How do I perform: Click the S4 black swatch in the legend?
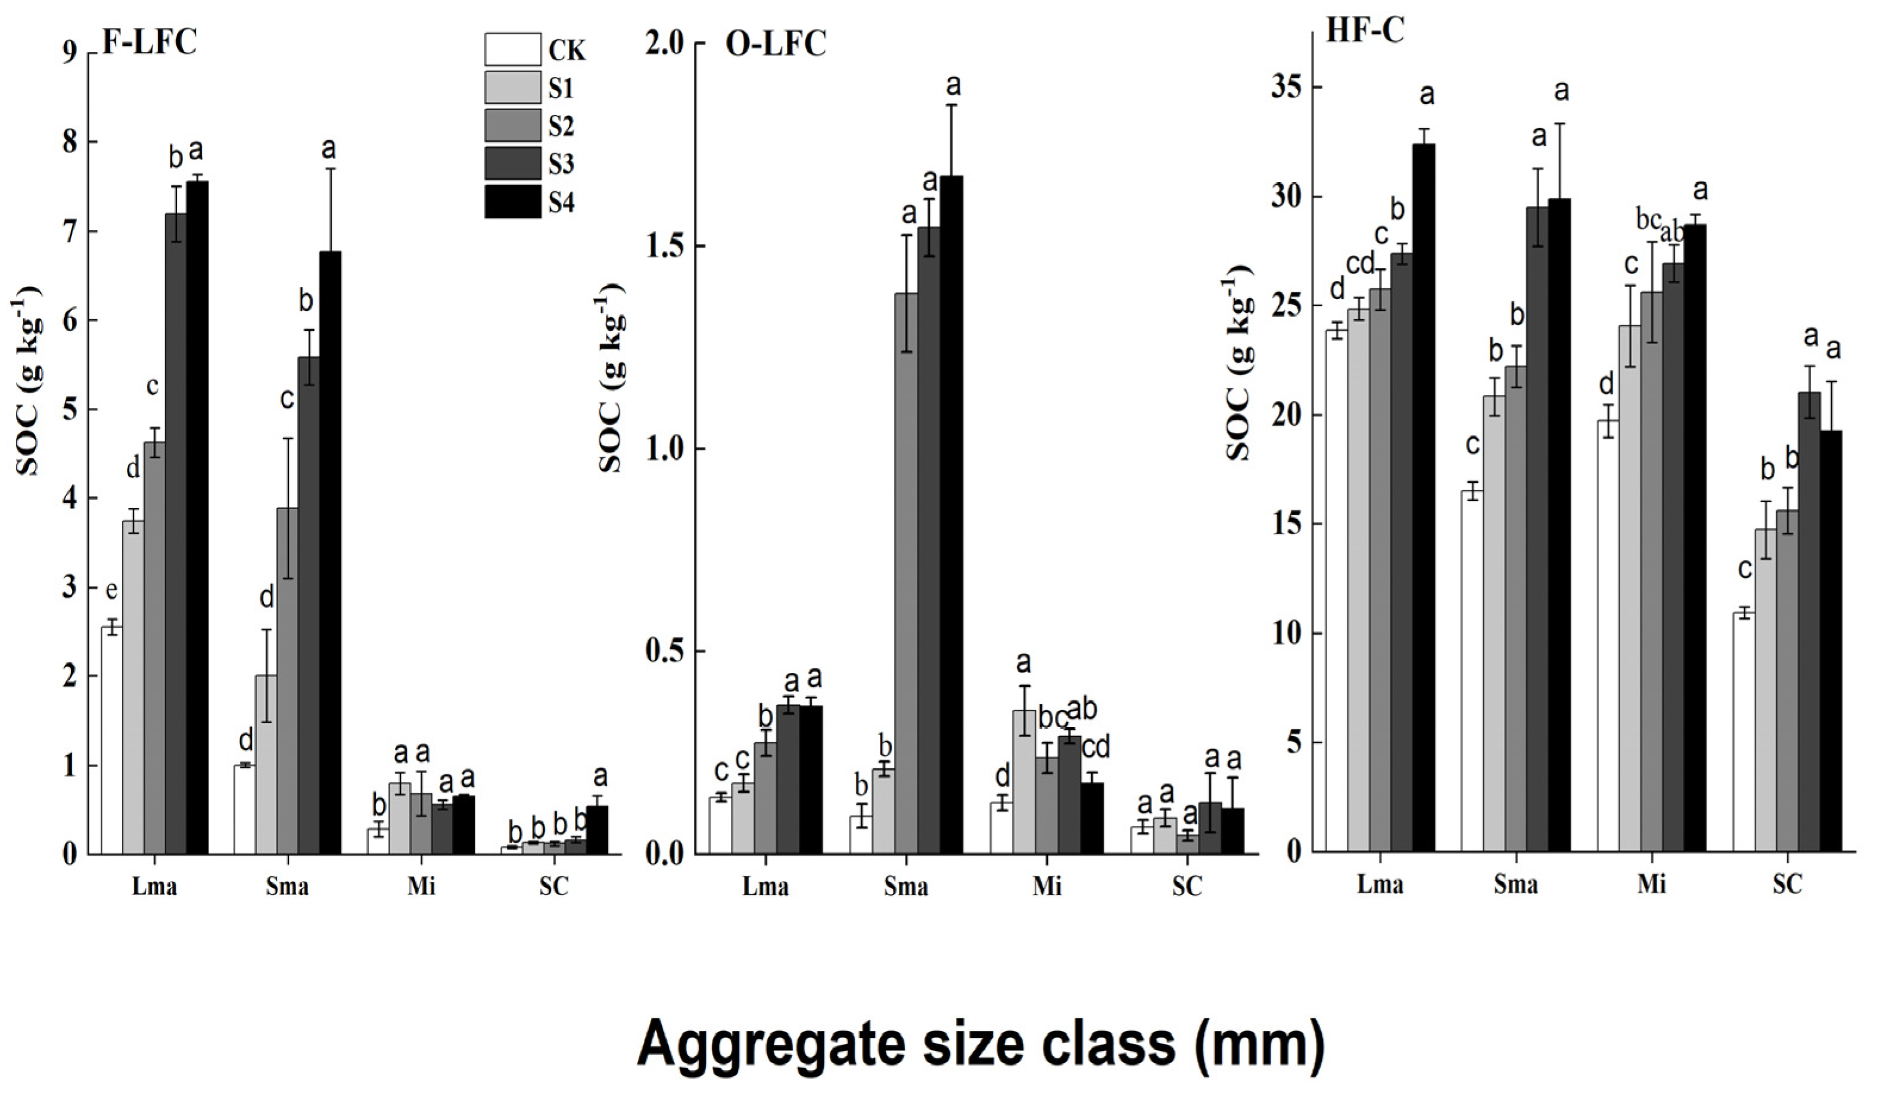click(x=512, y=202)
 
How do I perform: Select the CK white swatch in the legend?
click(x=512, y=49)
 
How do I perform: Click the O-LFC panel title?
click(x=776, y=44)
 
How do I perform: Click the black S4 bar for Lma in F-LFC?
click(x=197, y=517)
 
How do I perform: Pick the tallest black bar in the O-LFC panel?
click(x=951, y=514)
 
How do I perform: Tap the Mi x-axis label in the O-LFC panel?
click(x=1047, y=887)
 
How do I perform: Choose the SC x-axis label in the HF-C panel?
click(x=1787, y=884)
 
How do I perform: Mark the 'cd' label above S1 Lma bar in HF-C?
click(x=1360, y=264)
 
